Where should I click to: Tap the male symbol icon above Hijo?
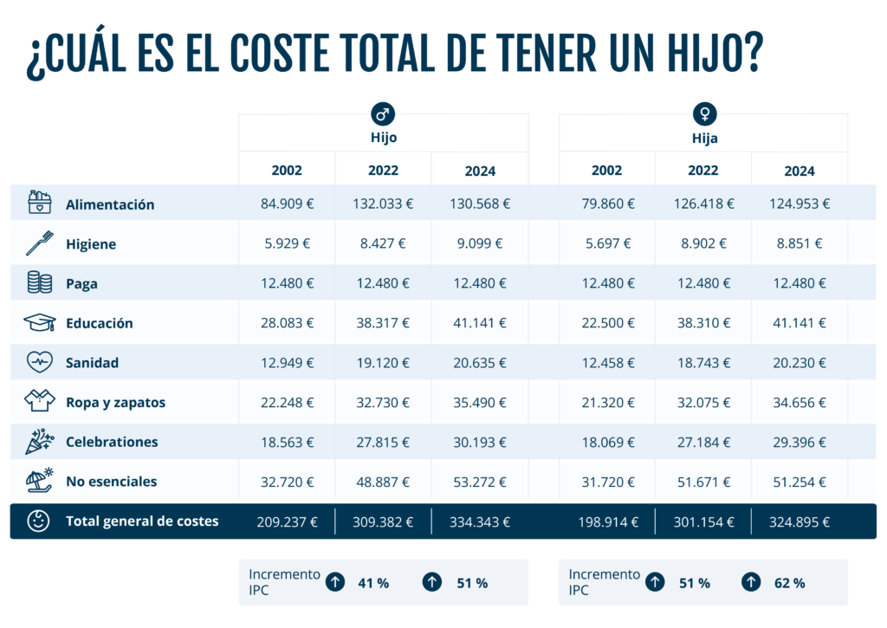point(383,113)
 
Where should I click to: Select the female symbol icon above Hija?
point(705,113)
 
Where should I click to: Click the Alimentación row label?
point(110,204)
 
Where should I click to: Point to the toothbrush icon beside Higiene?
point(40,243)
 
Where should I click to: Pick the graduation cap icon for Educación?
point(40,322)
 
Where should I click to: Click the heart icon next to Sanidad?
point(40,362)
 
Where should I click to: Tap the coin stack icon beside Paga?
point(40,282)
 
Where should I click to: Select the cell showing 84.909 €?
point(287,204)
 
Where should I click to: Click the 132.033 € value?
point(383,204)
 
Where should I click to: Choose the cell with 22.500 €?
point(608,323)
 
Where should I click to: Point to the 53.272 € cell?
point(480,482)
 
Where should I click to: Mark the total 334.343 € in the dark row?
point(480,521)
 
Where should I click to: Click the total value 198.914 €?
point(608,521)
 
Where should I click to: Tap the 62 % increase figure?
point(790,583)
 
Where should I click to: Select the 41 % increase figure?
point(373,583)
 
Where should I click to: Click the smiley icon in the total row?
point(38,521)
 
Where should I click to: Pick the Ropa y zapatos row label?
point(115,402)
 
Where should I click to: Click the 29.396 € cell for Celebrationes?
point(800,443)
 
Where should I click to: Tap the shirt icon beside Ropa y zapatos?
point(40,400)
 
